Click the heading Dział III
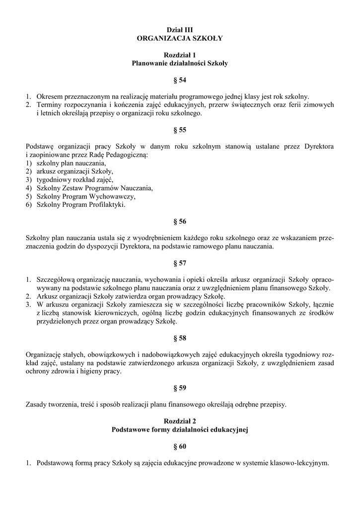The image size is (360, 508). (179, 30)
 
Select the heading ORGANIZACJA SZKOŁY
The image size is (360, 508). (179, 38)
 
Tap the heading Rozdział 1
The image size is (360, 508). (179, 55)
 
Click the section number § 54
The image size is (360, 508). (179, 80)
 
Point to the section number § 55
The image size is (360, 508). (179, 130)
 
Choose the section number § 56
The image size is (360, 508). (179, 221)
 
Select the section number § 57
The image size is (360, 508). (179, 263)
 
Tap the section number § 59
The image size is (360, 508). (179, 388)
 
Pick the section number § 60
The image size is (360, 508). (179, 446)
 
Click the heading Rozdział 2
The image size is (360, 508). (179, 421)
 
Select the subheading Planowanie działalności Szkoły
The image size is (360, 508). (179, 63)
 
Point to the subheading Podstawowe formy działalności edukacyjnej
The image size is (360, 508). (179, 430)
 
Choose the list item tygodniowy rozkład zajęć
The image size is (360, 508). (75, 180)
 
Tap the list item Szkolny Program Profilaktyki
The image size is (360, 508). (81, 204)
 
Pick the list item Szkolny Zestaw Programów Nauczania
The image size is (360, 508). (95, 188)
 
